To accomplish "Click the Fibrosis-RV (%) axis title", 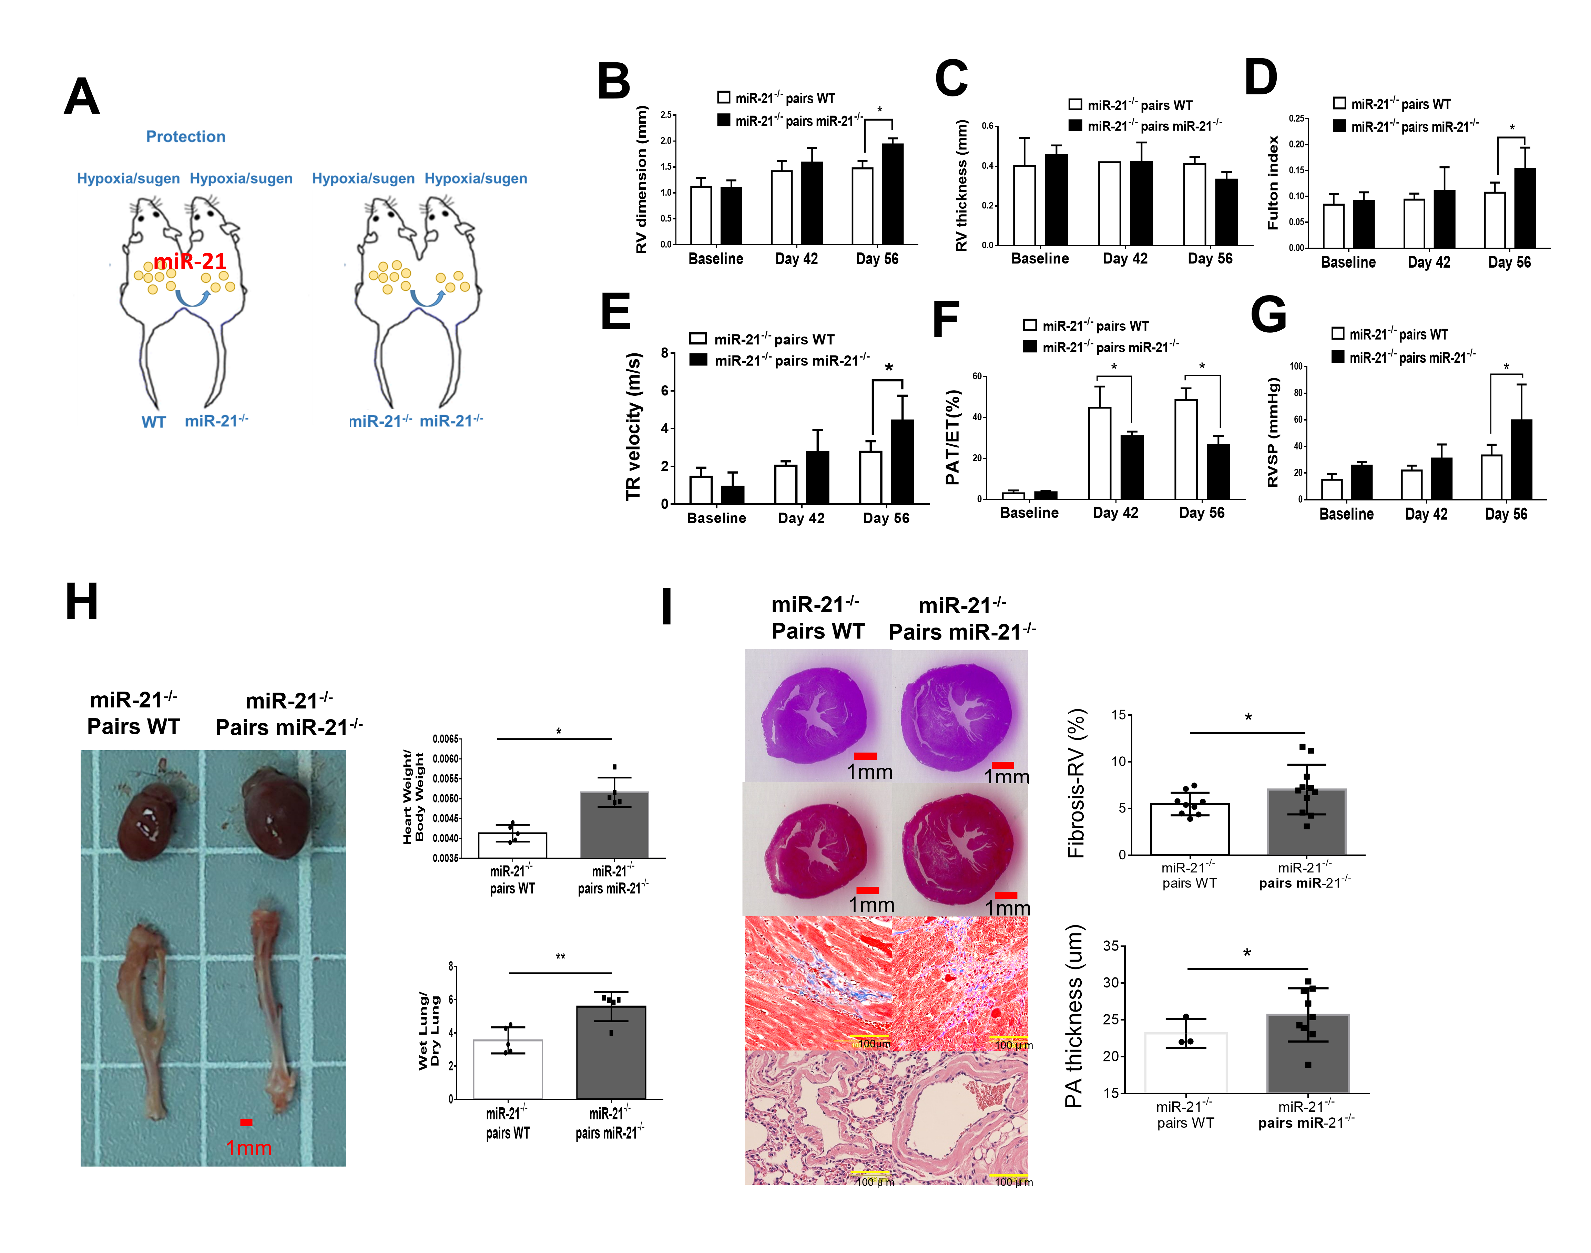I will coord(1076,784).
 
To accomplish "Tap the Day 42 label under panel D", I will coord(1428,263).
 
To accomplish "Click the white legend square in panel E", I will coord(698,339).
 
